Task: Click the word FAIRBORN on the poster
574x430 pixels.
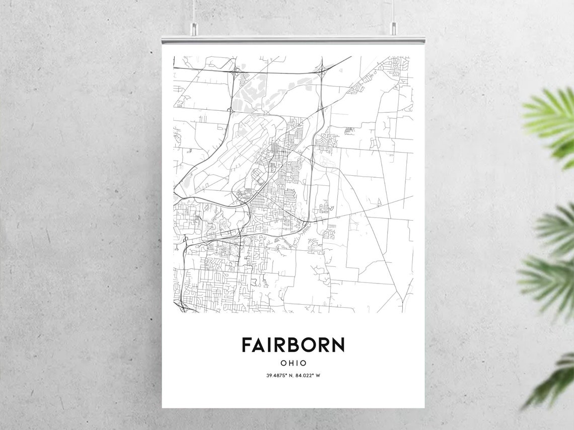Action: click(293, 345)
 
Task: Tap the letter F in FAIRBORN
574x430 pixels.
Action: click(246, 345)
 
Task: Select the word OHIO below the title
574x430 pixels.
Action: click(293, 363)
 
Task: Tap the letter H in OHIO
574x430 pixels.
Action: click(290, 363)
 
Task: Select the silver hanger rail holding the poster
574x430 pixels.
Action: click(293, 39)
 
